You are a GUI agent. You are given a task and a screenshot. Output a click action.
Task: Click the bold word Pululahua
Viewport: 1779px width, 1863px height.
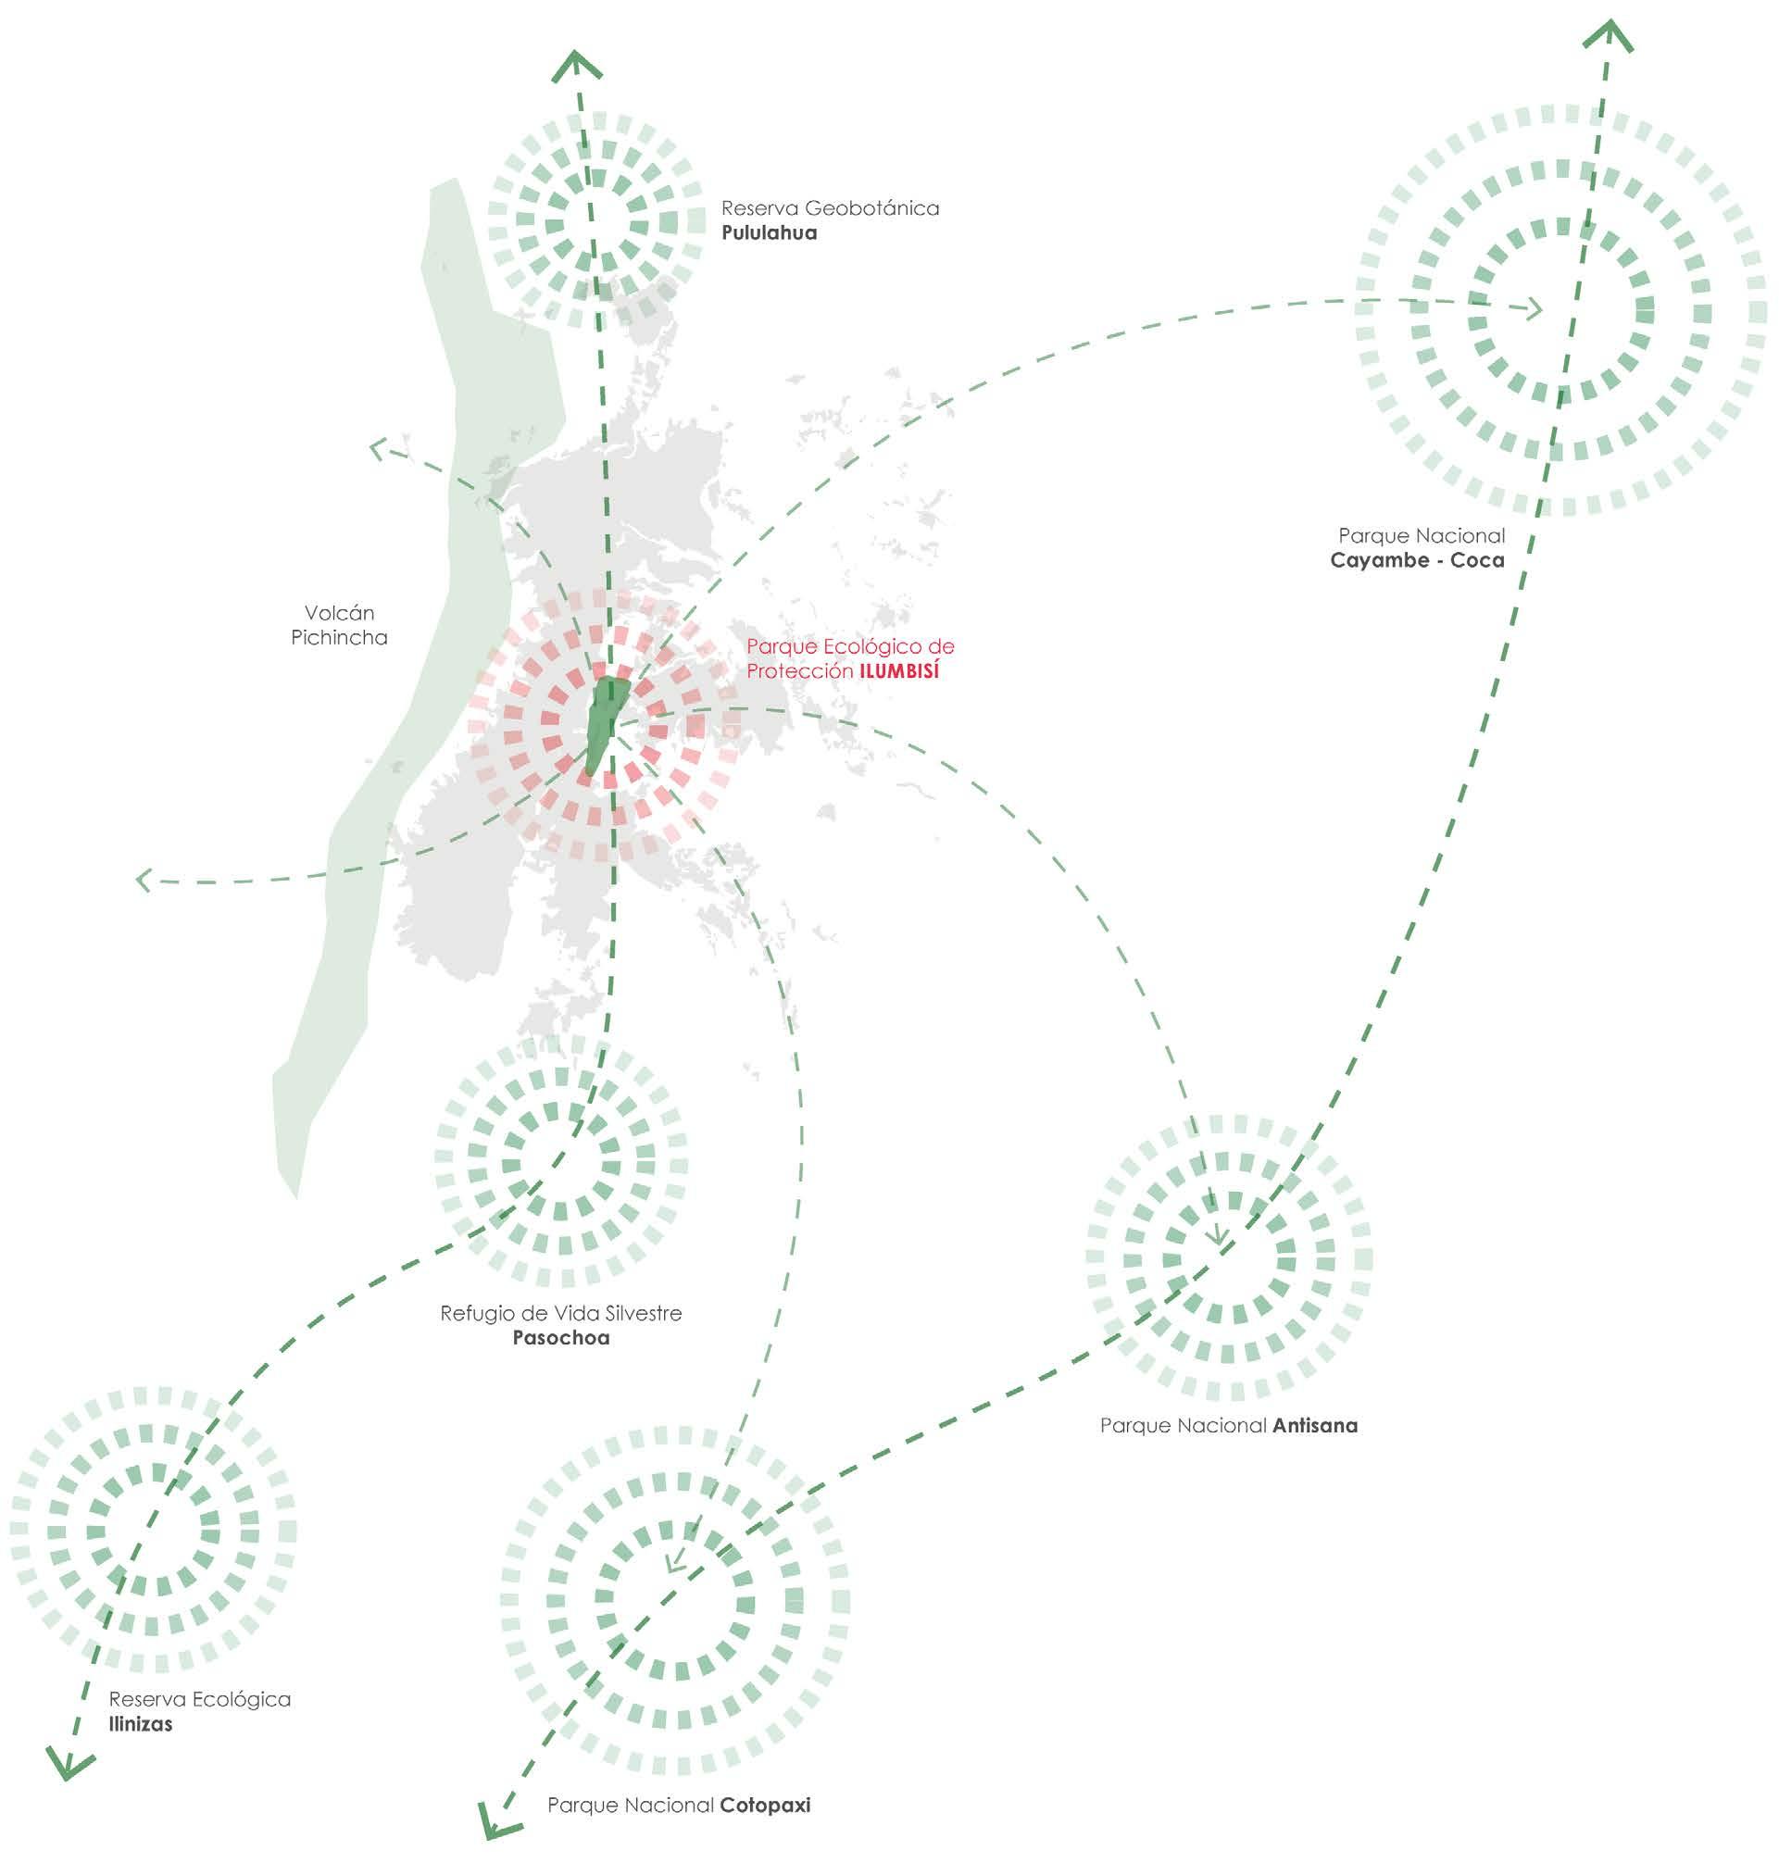[x=768, y=233]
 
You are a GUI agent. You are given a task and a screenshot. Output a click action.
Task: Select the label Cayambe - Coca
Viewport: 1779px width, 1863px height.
[x=1417, y=560]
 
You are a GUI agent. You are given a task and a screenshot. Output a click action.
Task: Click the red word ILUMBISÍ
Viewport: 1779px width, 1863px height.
[x=898, y=671]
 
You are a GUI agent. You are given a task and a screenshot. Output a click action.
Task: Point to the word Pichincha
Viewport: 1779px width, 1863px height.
[x=339, y=638]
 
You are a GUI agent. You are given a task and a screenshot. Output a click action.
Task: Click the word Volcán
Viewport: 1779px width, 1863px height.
[x=339, y=613]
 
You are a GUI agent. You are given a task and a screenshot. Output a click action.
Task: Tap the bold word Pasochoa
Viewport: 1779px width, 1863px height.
[x=560, y=1338]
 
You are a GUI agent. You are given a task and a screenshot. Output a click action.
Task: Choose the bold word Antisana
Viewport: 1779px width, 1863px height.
[x=1315, y=1425]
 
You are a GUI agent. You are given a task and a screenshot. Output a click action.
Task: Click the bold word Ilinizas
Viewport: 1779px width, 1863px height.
[x=141, y=1723]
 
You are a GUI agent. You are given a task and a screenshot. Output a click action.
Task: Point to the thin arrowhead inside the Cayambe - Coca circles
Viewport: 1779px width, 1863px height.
[x=1534, y=309]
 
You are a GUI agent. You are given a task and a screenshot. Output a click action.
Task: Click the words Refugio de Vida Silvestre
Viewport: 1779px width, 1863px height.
[x=560, y=1313]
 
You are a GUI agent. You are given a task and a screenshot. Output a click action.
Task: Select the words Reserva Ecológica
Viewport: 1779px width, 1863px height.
[x=199, y=1699]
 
